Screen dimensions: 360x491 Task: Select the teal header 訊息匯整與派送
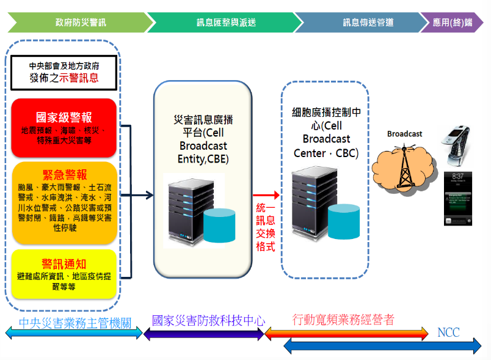click(226, 22)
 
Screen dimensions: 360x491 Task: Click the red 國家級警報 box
click(64, 125)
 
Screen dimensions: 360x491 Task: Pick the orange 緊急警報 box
click(64, 201)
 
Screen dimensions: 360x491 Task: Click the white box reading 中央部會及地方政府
click(64, 72)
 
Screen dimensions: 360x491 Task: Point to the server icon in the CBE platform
click(184, 208)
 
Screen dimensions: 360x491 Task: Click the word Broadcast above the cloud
click(404, 134)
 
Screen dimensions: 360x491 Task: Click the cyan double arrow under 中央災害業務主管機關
click(73, 333)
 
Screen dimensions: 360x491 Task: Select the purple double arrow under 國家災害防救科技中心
click(203, 333)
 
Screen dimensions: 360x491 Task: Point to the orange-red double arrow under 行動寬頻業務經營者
click(346, 333)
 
